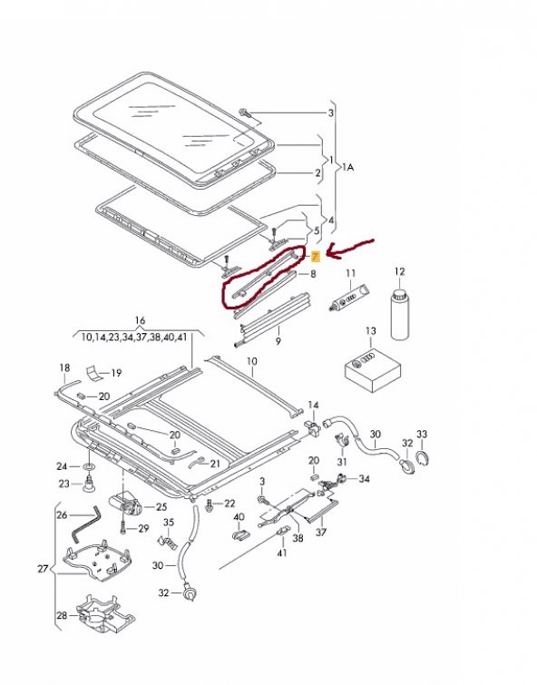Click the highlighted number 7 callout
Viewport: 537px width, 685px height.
(315, 257)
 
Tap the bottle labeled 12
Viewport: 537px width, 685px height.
(399, 314)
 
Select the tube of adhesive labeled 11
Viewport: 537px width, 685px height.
(348, 298)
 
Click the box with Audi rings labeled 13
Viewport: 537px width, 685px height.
(373, 371)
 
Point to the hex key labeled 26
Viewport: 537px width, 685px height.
(85, 523)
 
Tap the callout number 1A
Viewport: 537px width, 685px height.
(347, 166)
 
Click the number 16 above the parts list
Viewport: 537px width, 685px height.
(140, 321)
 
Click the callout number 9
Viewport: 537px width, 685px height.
(278, 340)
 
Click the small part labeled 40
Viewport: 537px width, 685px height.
(239, 534)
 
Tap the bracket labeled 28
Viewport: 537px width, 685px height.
(105, 614)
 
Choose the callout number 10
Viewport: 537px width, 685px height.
(251, 362)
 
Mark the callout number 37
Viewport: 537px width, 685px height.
(321, 532)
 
